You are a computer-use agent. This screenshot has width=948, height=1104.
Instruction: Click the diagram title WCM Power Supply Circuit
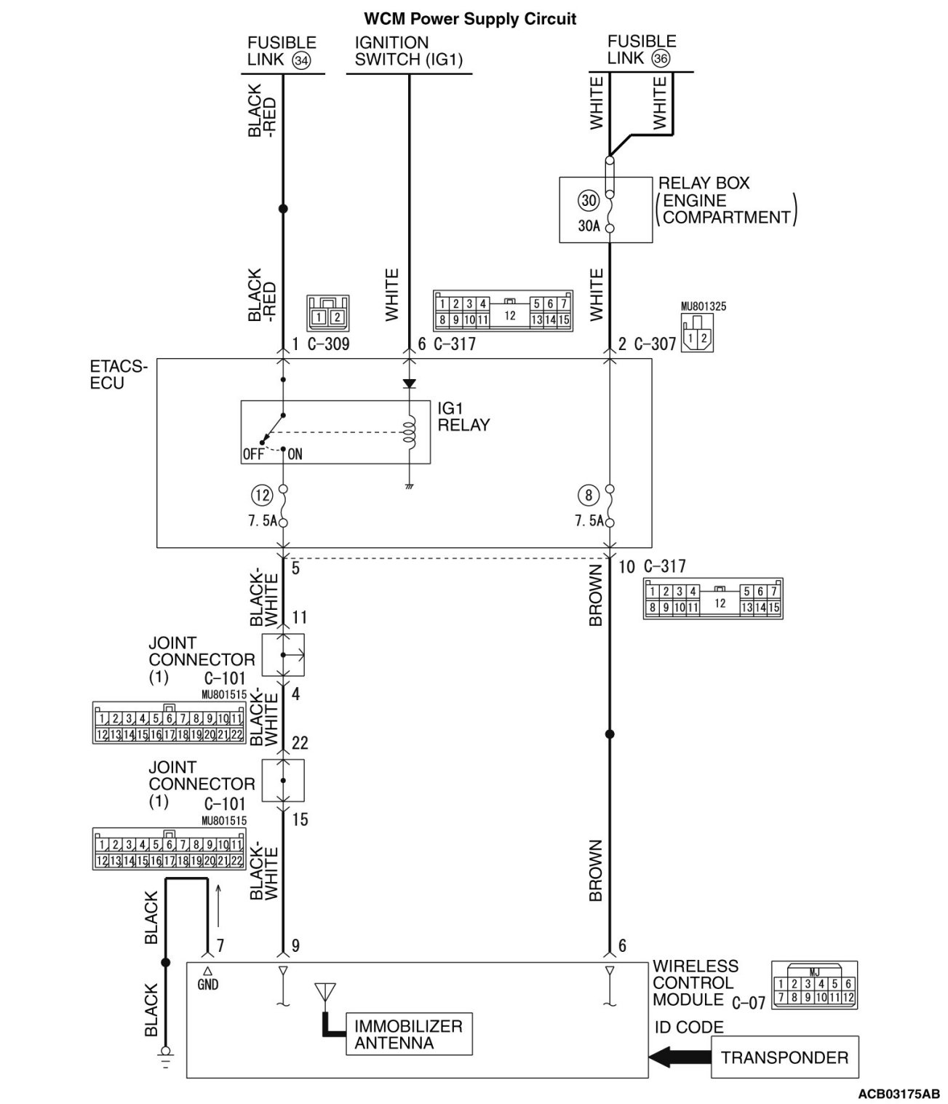469,19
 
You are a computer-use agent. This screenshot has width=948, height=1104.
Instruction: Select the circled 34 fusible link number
300,60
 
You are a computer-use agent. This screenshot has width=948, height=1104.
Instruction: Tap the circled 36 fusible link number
661,60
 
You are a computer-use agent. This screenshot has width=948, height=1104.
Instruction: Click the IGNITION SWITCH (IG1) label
408,51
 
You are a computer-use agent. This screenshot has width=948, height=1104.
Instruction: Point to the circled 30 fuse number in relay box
588,200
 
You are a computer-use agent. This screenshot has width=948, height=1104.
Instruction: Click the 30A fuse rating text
589,226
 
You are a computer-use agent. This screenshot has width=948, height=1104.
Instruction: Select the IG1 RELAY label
463,417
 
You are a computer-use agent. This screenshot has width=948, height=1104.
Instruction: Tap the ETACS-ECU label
117,375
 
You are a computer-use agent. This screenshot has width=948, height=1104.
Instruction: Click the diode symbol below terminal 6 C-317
409,383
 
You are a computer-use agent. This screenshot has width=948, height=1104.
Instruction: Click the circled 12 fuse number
261,496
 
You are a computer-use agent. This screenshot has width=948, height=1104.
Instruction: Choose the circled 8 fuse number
588,496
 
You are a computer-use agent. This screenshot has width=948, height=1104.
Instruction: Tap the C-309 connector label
328,343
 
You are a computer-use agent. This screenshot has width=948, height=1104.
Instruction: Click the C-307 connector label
655,343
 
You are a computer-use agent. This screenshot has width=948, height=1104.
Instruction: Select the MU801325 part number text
703,306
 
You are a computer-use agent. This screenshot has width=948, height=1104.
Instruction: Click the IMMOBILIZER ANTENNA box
409,1034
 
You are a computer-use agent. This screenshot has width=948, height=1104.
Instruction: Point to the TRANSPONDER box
784,1057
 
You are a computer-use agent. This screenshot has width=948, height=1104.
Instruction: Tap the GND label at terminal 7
207,985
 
